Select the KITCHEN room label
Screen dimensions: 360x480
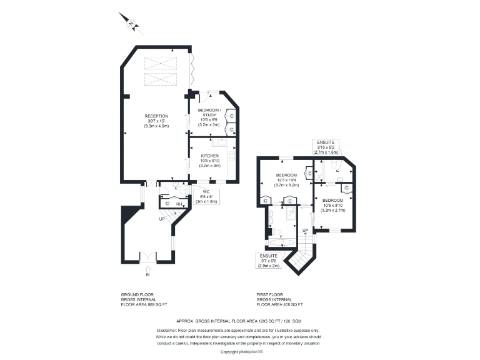(209, 156)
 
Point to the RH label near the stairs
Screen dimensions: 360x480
(179, 204)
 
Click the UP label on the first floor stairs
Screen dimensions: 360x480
(306, 231)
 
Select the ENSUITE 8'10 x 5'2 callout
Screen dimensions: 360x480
(329, 147)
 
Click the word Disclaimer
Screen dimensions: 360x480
(167, 329)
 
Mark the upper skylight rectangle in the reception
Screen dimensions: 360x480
(161, 63)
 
